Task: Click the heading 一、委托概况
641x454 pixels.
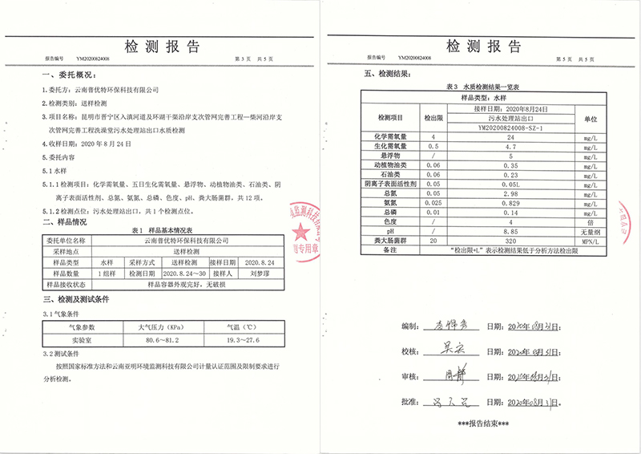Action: [66, 75]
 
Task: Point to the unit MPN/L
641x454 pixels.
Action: [591, 241]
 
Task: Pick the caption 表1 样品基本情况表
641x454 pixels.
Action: [160, 229]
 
